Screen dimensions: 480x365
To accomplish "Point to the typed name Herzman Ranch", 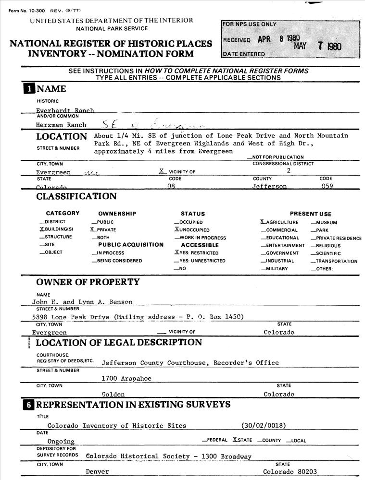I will coord(61,125).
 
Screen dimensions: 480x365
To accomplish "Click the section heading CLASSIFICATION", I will coord(76,196).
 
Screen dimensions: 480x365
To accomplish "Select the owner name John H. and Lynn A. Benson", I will coord(81,302).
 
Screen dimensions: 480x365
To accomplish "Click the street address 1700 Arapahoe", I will coord(126,379).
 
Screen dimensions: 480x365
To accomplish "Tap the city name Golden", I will coord(113,394).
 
